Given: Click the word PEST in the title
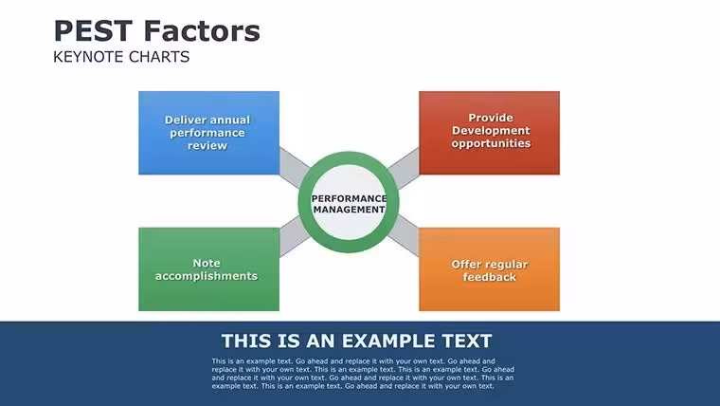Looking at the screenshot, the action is [x=93, y=30].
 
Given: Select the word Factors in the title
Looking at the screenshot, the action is [x=202, y=30].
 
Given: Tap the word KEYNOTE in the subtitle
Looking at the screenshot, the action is [x=89, y=57].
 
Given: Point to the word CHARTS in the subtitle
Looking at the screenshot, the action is [x=159, y=57].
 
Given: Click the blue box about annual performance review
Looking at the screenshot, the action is [x=209, y=133].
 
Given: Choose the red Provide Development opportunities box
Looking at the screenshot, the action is [x=489, y=133].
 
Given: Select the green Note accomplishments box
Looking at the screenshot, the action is [x=209, y=269].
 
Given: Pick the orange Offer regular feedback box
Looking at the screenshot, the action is [x=489, y=269].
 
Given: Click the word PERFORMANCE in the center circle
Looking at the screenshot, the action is [x=349, y=198].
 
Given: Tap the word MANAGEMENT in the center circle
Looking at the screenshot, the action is [x=349, y=210].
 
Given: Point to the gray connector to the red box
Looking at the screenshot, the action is [x=404, y=168].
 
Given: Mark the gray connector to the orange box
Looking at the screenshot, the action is [x=404, y=236].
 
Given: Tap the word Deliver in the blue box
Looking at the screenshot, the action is [x=184, y=120].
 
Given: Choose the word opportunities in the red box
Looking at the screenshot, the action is [x=491, y=143].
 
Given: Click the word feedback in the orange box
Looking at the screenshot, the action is [x=490, y=277].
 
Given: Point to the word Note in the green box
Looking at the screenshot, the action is [x=207, y=263].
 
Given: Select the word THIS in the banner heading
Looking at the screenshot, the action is [x=245, y=341].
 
